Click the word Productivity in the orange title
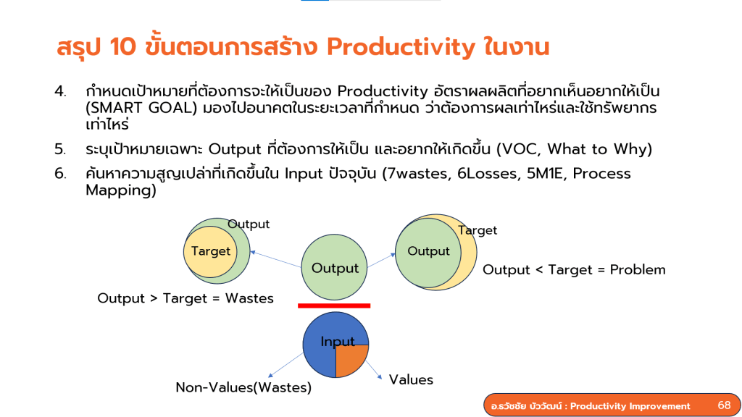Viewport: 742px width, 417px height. point(401,47)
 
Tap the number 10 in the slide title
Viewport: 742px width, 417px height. point(122,47)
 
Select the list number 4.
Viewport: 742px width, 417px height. point(59,90)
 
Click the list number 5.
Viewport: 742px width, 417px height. point(59,149)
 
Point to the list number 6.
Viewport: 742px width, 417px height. point(59,174)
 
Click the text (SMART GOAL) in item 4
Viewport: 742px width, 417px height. point(141,109)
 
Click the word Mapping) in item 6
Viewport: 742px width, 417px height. point(121,190)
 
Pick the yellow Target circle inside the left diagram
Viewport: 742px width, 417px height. point(210,251)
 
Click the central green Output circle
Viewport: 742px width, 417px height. point(334,267)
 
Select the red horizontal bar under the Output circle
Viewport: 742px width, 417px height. point(334,306)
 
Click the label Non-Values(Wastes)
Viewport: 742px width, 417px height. point(243,388)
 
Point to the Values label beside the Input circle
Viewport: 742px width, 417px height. point(411,379)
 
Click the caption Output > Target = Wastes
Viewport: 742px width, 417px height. point(185,298)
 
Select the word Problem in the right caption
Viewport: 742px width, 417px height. point(638,269)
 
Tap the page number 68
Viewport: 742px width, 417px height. point(724,405)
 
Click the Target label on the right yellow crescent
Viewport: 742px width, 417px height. point(478,230)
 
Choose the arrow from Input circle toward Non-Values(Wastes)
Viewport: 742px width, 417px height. point(285,365)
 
